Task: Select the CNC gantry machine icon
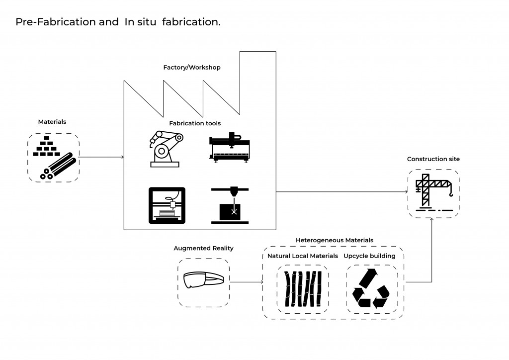click(x=229, y=147)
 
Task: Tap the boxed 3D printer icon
click(x=167, y=205)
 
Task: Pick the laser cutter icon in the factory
click(x=230, y=205)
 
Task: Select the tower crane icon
click(x=433, y=192)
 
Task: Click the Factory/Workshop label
click(x=191, y=67)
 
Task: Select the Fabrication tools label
click(x=195, y=123)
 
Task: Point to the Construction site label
click(x=433, y=159)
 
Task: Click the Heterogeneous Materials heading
click(x=334, y=240)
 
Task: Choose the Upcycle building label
click(x=369, y=256)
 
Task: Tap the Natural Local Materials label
click(x=302, y=256)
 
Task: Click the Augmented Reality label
click(x=203, y=248)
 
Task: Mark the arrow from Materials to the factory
click(x=101, y=158)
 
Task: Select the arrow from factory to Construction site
click(x=343, y=192)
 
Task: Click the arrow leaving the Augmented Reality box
click(x=247, y=282)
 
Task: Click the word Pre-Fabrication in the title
click(x=47, y=22)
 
